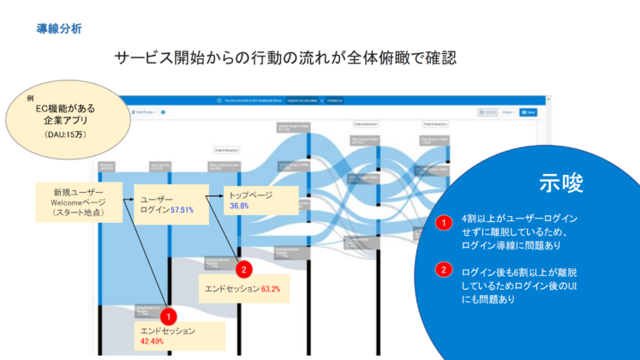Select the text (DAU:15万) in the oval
(x=64, y=135)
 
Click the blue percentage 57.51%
(x=182, y=209)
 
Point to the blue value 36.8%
(x=240, y=206)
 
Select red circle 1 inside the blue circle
(x=444, y=224)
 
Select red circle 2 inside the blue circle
(x=444, y=271)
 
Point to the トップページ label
(x=250, y=195)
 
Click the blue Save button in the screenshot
(x=528, y=111)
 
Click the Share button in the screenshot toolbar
(x=509, y=111)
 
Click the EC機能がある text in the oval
(x=64, y=110)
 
